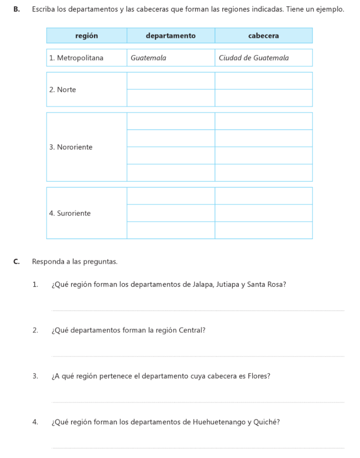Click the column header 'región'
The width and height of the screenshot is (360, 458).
coord(87,36)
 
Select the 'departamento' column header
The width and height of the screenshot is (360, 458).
coord(171,36)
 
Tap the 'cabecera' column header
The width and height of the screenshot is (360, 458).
coord(263,36)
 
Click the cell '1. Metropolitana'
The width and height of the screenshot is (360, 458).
coord(76,58)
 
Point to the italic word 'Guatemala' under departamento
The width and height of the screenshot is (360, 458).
coord(148,58)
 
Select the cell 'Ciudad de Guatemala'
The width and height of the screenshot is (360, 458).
coord(254,58)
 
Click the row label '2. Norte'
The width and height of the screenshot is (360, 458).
coord(63,89)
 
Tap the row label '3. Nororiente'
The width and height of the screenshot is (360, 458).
coord(71,147)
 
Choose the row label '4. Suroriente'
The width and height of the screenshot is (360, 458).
coord(70,213)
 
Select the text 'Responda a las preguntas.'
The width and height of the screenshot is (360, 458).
coord(75,262)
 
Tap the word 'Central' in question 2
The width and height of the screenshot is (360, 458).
coord(191,331)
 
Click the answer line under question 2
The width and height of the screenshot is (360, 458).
coord(198,356)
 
